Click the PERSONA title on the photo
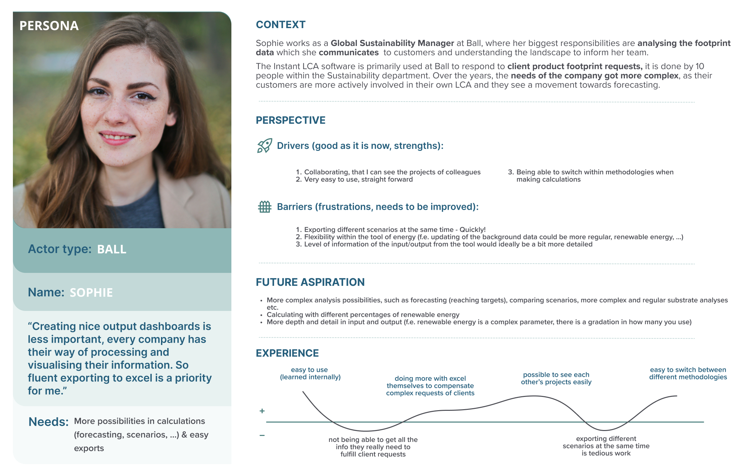point(49,26)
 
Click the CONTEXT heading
point(281,24)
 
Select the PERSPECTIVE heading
point(291,120)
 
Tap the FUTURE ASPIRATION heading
point(310,282)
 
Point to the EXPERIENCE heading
point(287,353)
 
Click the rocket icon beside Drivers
point(264,146)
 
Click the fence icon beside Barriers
point(264,207)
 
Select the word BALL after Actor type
point(112,249)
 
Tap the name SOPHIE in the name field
point(91,293)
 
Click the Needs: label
point(48,422)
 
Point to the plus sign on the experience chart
point(262,411)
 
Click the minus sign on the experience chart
point(262,435)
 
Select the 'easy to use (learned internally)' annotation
point(310,373)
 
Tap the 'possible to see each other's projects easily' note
point(556,378)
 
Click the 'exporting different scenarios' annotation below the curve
point(606,446)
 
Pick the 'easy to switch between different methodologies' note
point(688,373)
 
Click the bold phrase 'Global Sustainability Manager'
point(392,43)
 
